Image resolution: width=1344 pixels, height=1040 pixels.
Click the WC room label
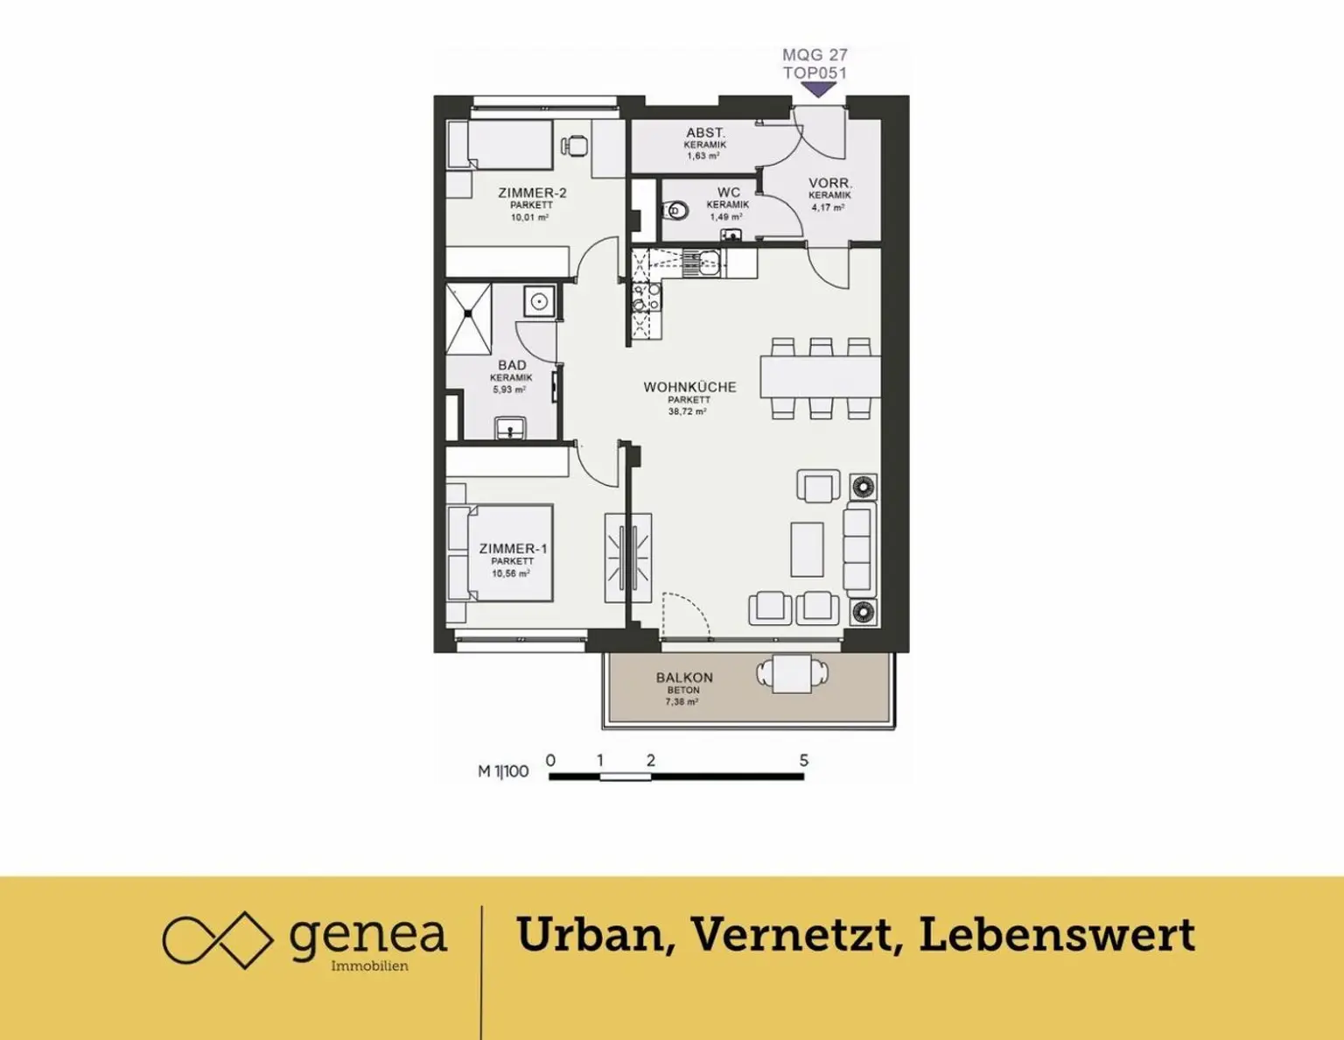point(728,193)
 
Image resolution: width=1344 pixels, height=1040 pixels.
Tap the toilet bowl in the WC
point(675,211)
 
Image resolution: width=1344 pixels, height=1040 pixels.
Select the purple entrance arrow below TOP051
point(818,90)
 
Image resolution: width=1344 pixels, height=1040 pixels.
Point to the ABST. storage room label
point(705,133)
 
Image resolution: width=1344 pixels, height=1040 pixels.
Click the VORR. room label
point(830,184)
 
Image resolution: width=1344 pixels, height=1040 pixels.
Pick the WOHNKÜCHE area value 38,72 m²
point(689,411)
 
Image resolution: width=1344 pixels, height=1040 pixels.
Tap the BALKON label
point(684,678)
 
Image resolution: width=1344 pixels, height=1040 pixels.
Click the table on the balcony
point(792,673)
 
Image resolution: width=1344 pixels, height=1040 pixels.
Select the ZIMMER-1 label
point(513,549)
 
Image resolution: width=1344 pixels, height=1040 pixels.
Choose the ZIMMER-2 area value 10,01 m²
point(529,217)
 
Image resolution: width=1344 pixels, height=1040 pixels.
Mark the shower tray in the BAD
point(468,320)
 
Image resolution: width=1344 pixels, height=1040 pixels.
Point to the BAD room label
point(512,366)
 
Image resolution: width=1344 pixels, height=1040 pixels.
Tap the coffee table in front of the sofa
point(807,550)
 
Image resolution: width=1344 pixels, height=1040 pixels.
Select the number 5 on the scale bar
point(803,761)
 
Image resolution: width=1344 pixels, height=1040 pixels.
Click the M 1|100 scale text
point(503,771)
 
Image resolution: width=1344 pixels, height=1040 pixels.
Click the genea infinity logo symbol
point(217,940)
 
